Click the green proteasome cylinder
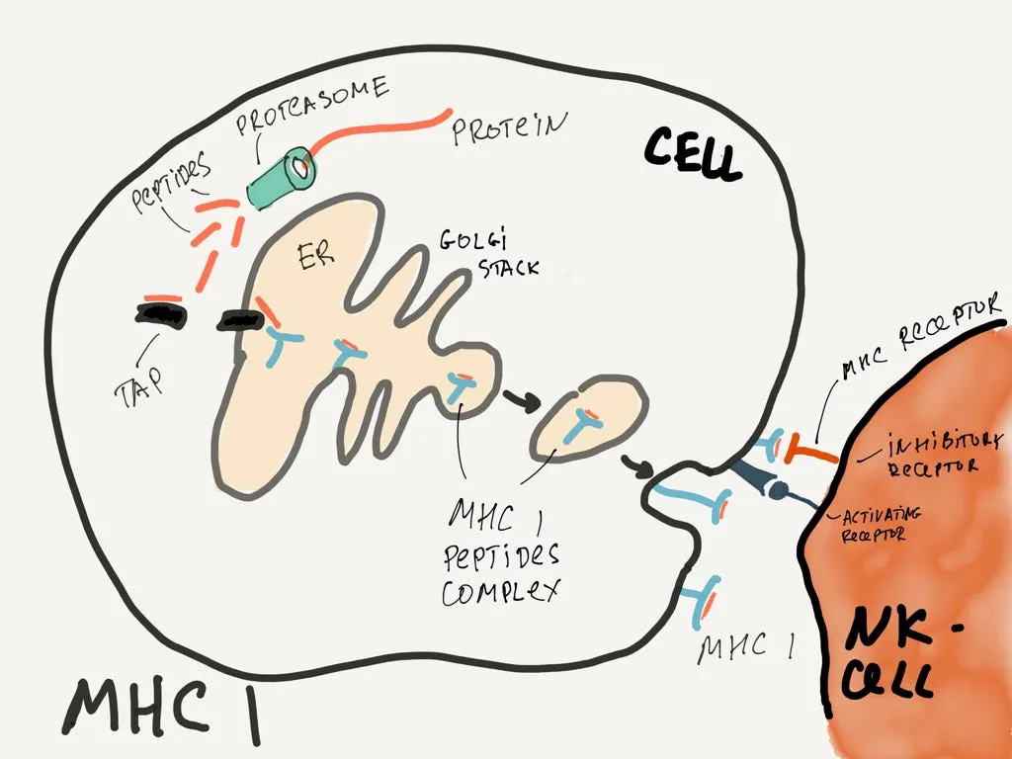(282, 178)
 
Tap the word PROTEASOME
(311, 105)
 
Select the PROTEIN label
(509, 127)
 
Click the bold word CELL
(692, 154)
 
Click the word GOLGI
(473, 240)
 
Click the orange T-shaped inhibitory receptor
(809, 451)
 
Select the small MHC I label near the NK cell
(746, 648)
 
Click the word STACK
(509, 267)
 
